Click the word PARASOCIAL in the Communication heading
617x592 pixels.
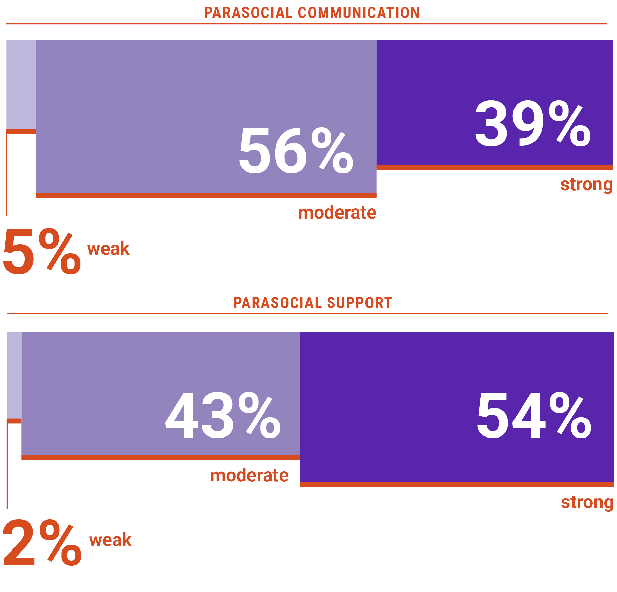click(x=248, y=13)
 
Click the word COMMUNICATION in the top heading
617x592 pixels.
click(x=359, y=13)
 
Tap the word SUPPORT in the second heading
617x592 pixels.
click(x=359, y=303)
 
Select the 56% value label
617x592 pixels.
click(x=296, y=151)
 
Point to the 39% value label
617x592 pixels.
click(x=533, y=124)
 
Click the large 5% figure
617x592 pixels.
click(x=41, y=251)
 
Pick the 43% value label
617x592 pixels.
click(x=223, y=416)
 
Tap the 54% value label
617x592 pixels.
click(x=534, y=416)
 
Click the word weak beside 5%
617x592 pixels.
click(x=109, y=249)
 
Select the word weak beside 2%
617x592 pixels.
click(x=110, y=540)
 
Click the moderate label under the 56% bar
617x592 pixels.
click(x=337, y=213)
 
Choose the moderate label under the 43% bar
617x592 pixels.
click(x=249, y=476)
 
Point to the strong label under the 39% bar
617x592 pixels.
click(x=586, y=185)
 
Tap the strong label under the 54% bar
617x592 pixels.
click(x=587, y=502)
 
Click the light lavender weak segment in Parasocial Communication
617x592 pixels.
click(x=21, y=84)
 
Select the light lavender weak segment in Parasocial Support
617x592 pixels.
click(x=14, y=374)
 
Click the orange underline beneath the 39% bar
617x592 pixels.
click(x=495, y=167)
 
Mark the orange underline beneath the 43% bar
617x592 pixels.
click(x=160, y=457)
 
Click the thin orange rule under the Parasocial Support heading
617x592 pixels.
click(x=307, y=314)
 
